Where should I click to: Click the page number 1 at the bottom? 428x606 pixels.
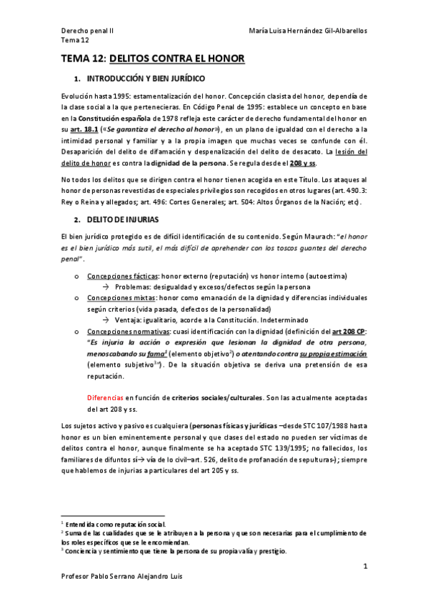pyautogui.click(x=364, y=567)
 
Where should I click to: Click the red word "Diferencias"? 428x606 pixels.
pyautogui.click(x=105, y=397)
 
